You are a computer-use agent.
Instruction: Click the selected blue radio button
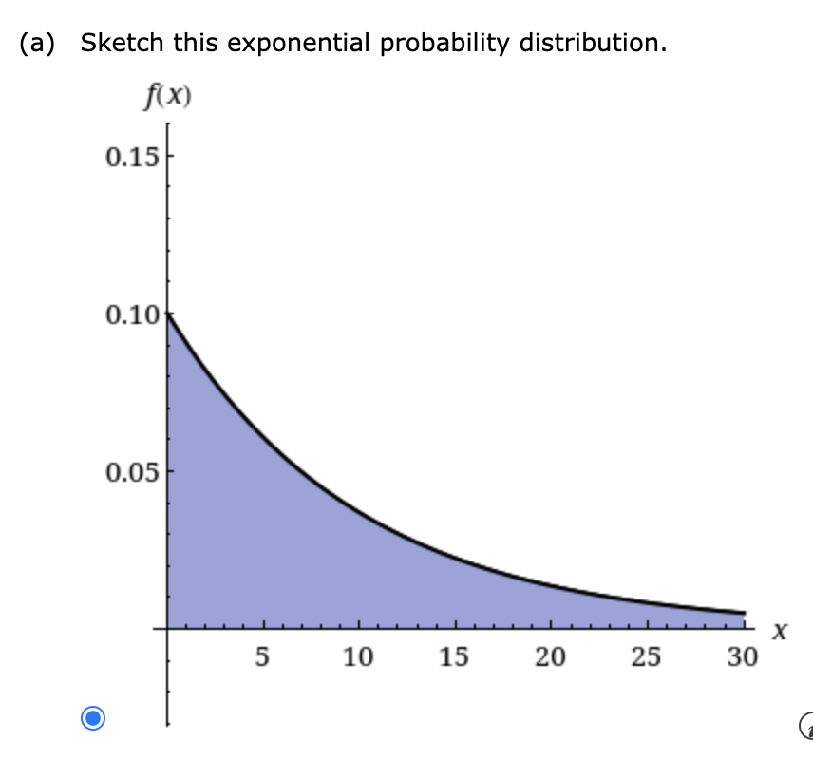[93, 718]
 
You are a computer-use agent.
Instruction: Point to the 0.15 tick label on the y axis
[132, 157]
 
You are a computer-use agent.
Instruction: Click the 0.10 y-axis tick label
[132, 314]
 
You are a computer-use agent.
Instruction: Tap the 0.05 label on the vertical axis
[132, 472]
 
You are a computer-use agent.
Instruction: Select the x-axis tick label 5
[262, 656]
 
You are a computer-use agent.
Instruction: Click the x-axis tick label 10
[358, 656]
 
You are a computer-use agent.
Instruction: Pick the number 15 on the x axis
[454, 656]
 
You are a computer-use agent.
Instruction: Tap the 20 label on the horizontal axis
[550, 656]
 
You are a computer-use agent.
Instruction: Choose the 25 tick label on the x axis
[646, 656]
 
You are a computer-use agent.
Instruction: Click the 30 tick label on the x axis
[743, 656]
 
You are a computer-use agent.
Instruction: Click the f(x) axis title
[167, 97]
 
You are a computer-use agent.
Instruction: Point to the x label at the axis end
[780, 631]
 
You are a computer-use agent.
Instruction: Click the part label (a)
[37, 43]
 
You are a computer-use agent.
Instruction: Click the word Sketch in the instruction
[123, 42]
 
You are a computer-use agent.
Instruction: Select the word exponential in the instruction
[298, 44]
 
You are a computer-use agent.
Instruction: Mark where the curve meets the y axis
[168, 314]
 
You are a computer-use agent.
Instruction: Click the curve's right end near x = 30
[745, 613]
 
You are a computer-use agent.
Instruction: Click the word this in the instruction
[196, 42]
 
